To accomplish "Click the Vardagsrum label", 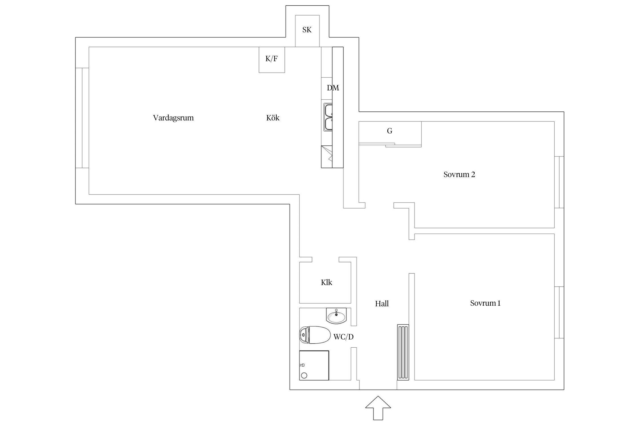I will [x=173, y=118].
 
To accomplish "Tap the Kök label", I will [x=273, y=118].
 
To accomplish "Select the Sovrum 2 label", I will [x=459, y=175].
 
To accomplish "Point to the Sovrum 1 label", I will [x=485, y=303].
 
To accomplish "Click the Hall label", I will [x=382, y=304].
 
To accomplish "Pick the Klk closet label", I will [x=326, y=282].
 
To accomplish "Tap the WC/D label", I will [x=343, y=337].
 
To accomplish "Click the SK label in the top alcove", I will [x=307, y=30].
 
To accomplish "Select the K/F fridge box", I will [x=272, y=59].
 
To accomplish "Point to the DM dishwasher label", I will [x=333, y=88].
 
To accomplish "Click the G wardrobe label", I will [x=390, y=131].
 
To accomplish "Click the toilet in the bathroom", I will [x=315, y=335].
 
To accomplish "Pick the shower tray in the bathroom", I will [x=314, y=365].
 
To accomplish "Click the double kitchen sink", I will [x=328, y=118].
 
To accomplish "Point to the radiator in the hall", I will [x=403, y=352].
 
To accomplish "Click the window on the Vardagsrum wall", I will [x=82, y=118].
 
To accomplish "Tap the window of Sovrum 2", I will [x=559, y=182].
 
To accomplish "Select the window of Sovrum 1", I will [x=559, y=312].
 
